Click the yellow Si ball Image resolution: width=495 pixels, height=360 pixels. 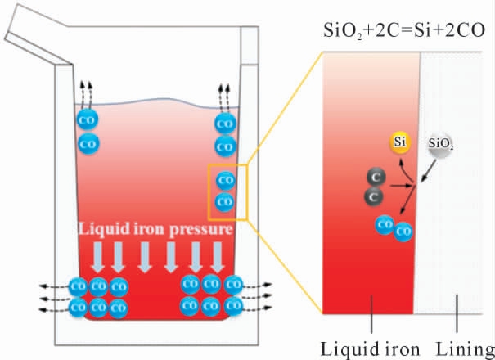click(x=399, y=142)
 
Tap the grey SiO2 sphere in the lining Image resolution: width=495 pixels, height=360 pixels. click(x=440, y=144)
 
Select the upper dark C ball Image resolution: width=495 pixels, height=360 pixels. click(x=376, y=178)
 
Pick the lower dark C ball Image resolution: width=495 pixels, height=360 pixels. click(x=374, y=197)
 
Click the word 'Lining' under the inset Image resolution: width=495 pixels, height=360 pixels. click(x=465, y=349)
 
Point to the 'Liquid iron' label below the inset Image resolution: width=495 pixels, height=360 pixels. click(x=370, y=349)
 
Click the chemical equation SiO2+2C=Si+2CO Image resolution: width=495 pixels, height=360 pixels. click(x=403, y=31)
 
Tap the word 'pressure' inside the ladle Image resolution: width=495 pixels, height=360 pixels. click(x=201, y=230)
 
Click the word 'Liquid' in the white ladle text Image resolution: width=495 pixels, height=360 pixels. click(x=104, y=228)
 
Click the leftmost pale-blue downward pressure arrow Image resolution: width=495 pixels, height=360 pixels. click(x=98, y=257)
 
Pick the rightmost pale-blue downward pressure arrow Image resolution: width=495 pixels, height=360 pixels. click(x=218, y=257)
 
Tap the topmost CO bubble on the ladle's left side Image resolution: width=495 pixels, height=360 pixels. click(x=88, y=119)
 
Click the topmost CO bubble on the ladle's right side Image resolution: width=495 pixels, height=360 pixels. click(x=225, y=124)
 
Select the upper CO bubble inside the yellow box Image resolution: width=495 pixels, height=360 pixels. click(x=226, y=181)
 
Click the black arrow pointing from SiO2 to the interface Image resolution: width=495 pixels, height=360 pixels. click(x=429, y=171)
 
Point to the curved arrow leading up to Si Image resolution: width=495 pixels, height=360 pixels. click(x=405, y=170)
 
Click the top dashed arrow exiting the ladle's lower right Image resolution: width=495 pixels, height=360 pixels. click(x=257, y=286)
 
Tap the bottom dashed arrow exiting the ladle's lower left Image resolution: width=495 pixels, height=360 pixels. click(x=54, y=310)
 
